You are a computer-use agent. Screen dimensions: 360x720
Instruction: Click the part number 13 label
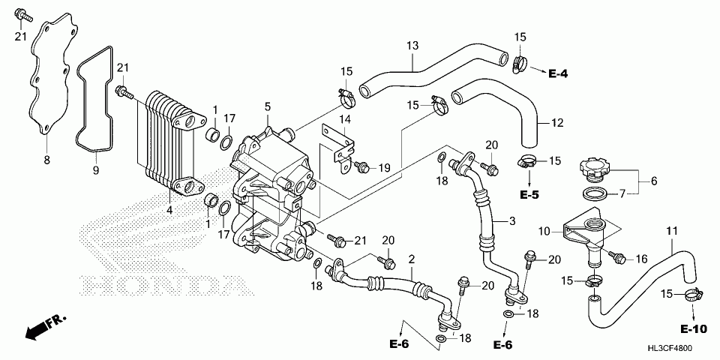[411, 46]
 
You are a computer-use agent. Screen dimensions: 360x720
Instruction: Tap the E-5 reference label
[529, 194]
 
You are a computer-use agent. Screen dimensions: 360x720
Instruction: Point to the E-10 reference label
[694, 328]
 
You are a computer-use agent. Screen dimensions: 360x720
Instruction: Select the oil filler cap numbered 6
[598, 166]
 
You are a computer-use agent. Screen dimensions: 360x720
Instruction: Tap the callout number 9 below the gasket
[96, 172]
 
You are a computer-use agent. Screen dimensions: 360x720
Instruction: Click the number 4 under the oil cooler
[169, 210]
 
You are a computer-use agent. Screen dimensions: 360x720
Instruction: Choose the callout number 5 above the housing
[267, 107]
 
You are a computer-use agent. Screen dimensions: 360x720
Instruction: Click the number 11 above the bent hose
[671, 229]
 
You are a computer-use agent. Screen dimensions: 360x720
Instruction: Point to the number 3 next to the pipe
[512, 221]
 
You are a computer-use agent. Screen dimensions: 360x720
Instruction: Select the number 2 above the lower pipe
[411, 259]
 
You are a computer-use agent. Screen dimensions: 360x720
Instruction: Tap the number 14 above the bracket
[344, 119]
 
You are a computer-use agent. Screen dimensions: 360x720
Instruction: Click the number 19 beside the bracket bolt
[382, 167]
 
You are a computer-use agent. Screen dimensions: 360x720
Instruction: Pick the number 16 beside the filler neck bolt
[641, 259]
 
